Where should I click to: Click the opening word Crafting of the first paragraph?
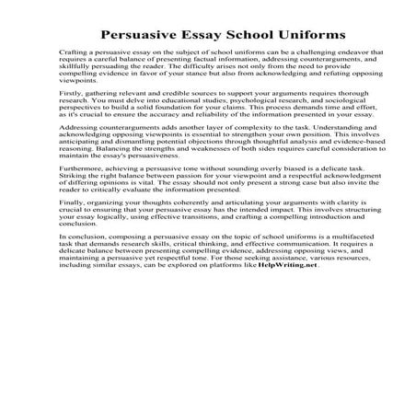(x=73, y=56)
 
